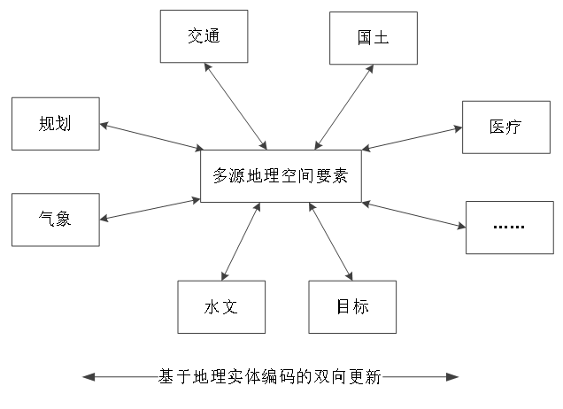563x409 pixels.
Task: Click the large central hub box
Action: pos(281,176)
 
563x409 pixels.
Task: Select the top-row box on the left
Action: pos(204,36)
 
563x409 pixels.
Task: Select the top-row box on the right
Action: pos(374,38)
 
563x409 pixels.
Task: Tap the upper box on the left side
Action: pos(55,123)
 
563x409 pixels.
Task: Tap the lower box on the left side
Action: pos(55,220)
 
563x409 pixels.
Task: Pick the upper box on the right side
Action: pos(506,127)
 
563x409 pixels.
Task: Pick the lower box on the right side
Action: pos(510,228)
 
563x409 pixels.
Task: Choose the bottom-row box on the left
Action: pos(221,306)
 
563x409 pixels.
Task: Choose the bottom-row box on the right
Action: pos(352,306)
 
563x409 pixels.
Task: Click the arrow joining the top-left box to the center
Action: pos(235,106)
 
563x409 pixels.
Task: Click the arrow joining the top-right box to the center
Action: pos(344,107)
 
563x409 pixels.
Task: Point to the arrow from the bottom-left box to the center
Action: pos(241,242)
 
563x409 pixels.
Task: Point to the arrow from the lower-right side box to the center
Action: pos(413,215)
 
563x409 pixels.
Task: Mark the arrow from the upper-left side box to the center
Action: pos(150,137)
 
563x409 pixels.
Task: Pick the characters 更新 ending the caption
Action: pos(370,377)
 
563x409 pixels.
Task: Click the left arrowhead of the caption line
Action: pos(86,377)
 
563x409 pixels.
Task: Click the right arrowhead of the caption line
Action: pos(455,377)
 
